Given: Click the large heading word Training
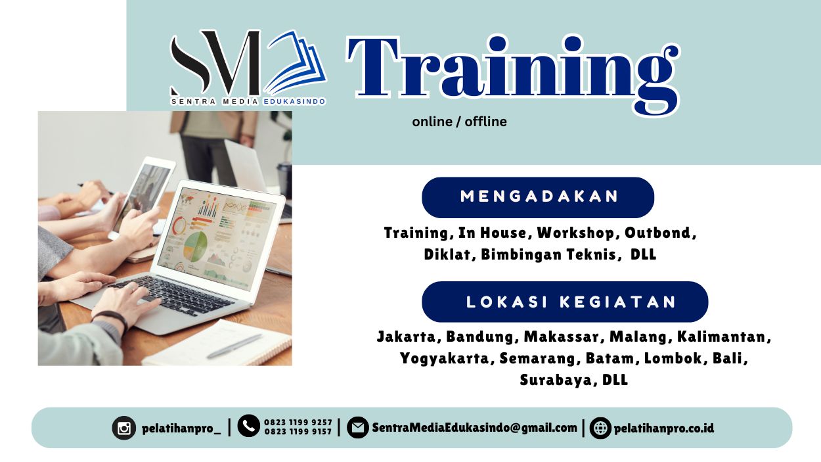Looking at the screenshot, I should click(x=512, y=69).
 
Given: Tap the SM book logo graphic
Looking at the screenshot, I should click(x=248, y=66).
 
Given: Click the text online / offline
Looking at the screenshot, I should click(x=459, y=122).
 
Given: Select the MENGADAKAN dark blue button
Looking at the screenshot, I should click(x=538, y=197).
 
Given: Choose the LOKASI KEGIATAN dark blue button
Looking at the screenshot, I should click(x=565, y=302).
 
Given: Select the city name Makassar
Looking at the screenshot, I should click(x=562, y=337).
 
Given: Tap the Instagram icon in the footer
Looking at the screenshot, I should click(x=123, y=428).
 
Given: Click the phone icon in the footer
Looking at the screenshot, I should click(x=249, y=426).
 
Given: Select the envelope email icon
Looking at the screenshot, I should click(x=357, y=428).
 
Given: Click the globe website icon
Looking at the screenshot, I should click(x=600, y=428).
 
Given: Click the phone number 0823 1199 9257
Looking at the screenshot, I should click(x=298, y=423).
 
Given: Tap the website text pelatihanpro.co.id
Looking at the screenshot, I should click(x=663, y=428).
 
